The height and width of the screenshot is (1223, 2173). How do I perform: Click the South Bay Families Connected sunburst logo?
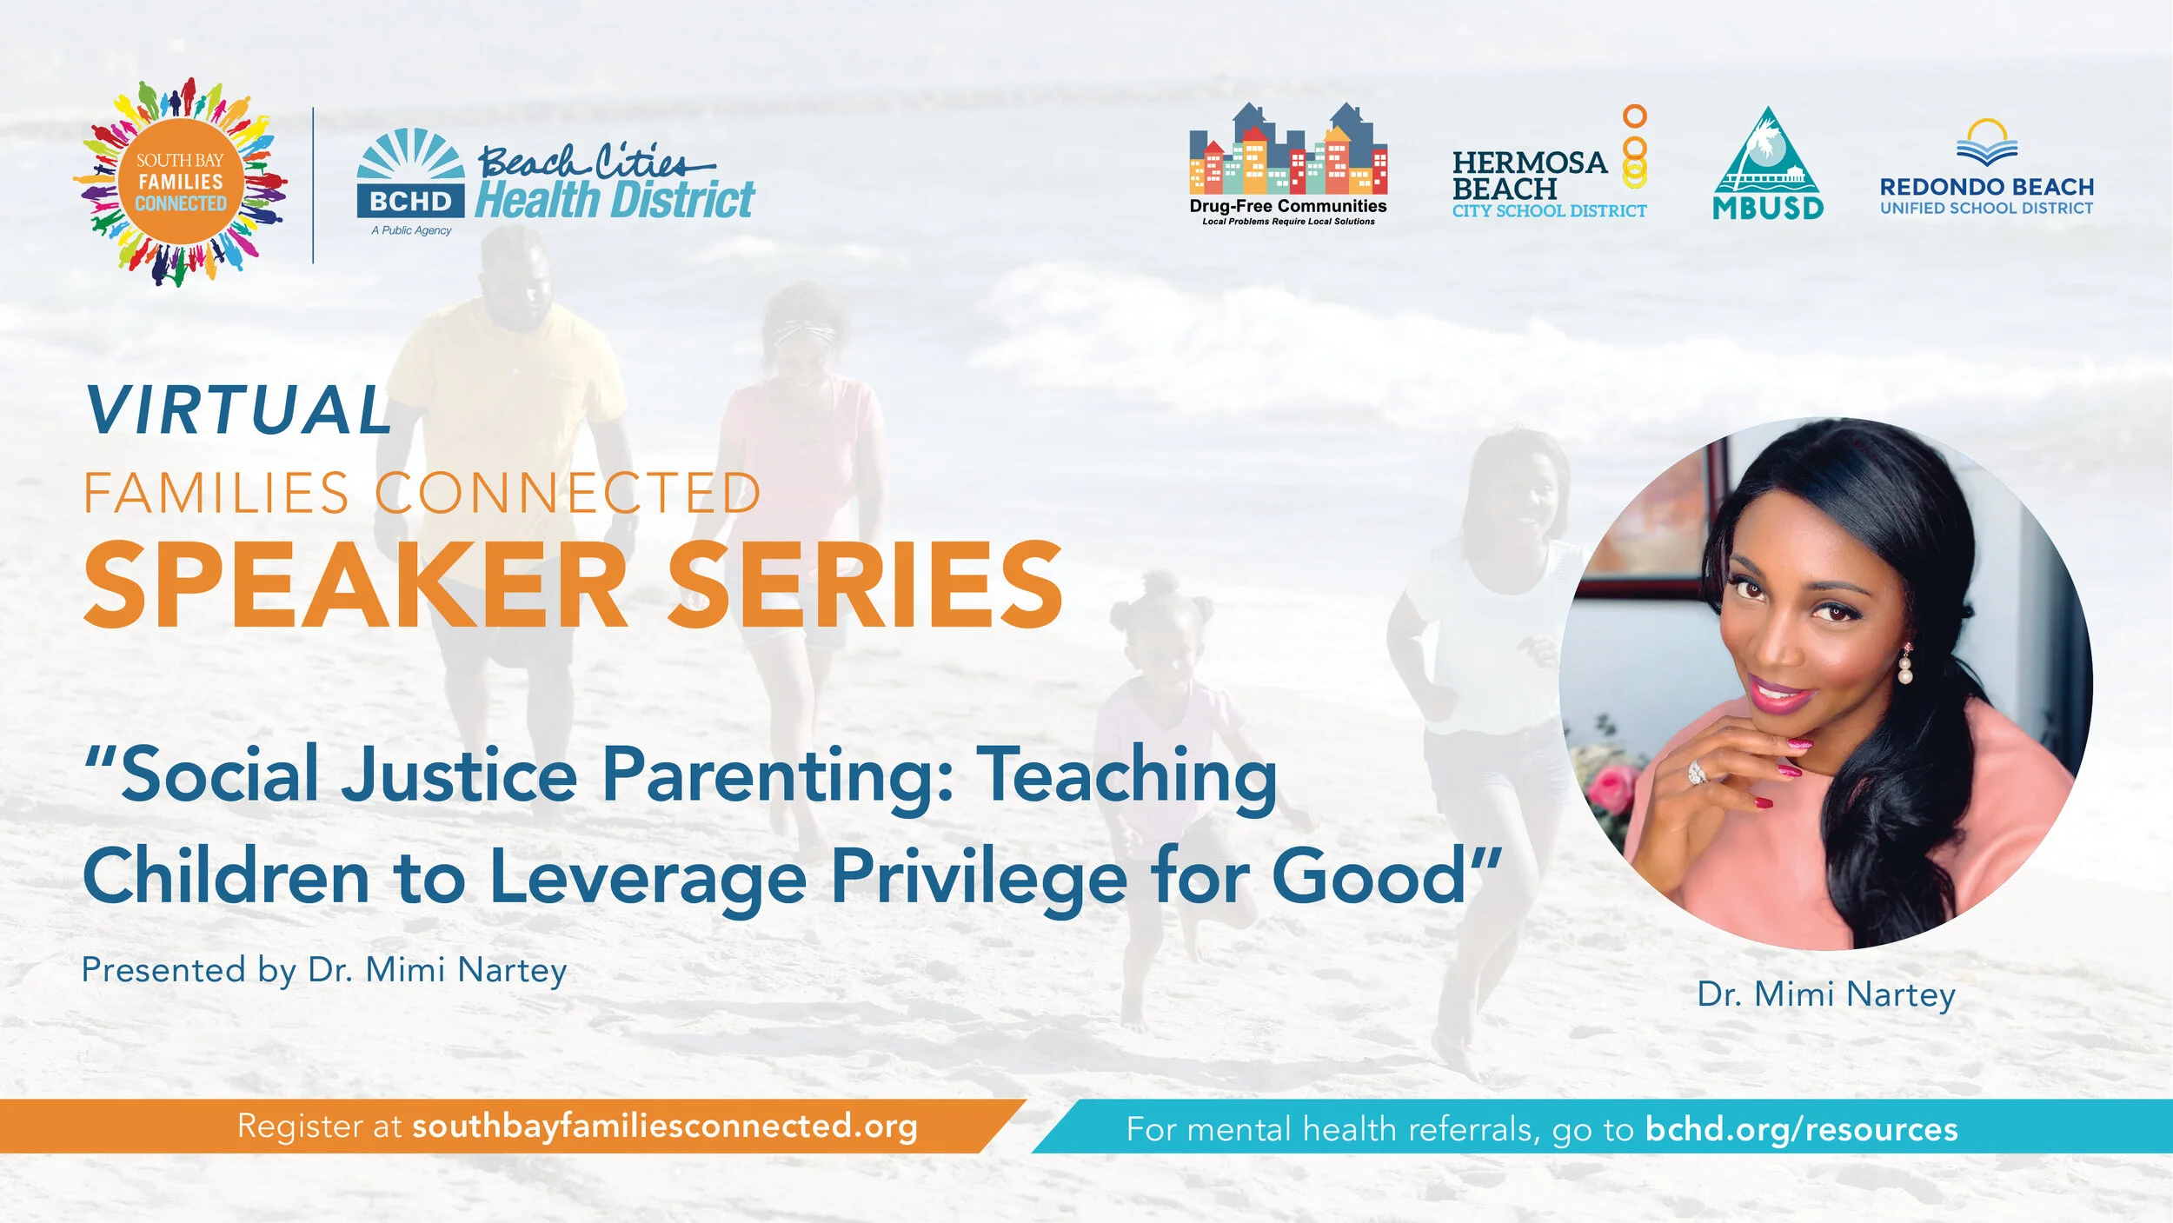point(181,183)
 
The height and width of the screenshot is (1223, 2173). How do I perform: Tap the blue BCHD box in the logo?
point(410,201)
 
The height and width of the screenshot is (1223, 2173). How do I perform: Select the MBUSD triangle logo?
point(1767,165)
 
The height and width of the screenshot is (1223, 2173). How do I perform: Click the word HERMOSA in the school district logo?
point(1530,163)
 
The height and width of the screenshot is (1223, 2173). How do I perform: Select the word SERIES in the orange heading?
point(865,584)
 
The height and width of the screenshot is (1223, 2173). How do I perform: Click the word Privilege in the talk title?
point(980,878)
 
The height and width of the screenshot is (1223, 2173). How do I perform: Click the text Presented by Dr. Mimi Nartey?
point(324,970)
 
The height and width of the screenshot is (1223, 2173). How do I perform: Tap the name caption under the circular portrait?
point(1826,994)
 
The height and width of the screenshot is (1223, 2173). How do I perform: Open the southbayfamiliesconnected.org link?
point(665,1127)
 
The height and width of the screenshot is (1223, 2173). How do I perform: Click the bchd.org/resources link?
point(1802,1129)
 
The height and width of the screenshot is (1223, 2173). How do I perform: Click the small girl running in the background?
point(1165,739)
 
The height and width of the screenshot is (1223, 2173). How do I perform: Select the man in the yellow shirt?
point(508,417)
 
